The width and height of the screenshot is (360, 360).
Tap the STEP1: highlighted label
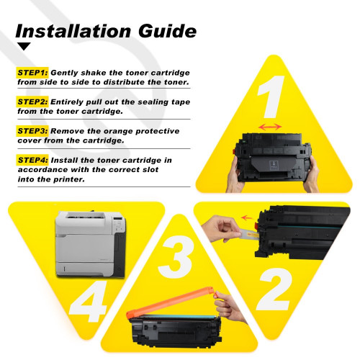[32, 73]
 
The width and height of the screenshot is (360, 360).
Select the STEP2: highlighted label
[32, 102]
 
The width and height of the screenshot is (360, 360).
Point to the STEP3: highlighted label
[32, 130]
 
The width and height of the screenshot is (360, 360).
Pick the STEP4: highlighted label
[32, 159]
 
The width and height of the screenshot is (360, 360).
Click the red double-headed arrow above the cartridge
[271, 127]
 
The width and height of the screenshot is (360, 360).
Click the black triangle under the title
[24, 47]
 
